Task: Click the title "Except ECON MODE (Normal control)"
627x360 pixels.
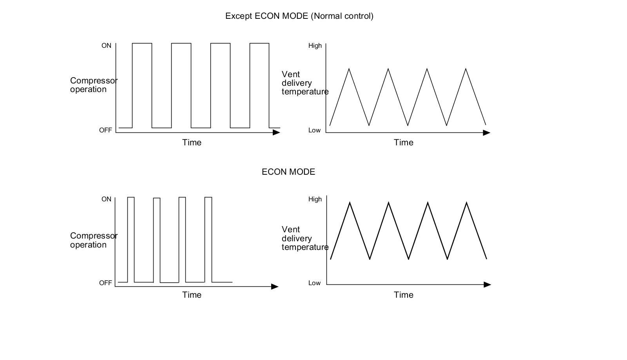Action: (299, 16)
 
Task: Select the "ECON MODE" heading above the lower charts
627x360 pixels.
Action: (288, 172)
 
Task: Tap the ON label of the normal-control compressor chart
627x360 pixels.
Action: (106, 46)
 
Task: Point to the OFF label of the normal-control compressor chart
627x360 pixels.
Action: (105, 130)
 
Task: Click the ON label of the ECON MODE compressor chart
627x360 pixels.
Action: (106, 199)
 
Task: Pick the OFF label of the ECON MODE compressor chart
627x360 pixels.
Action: (105, 283)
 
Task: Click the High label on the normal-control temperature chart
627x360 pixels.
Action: (315, 46)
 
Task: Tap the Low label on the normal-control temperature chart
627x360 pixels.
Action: (314, 130)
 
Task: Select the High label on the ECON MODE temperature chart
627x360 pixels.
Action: (315, 199)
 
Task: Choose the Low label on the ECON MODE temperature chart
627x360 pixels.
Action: (314, 283)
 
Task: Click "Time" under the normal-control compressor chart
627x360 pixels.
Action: (192, 143)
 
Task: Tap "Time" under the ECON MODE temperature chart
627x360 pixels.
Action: (403, 295)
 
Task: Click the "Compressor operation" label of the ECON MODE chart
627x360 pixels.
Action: (93, 240)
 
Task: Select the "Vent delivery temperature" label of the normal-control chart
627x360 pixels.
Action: (304, 83)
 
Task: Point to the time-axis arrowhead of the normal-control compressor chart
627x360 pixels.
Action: (277, 132)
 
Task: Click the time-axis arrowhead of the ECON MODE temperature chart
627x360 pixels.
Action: (487, 284)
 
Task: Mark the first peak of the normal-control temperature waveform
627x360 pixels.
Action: (349, 69)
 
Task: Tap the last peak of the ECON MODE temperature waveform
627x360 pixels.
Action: (466, 203)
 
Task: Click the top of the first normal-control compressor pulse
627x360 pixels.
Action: (142, 43)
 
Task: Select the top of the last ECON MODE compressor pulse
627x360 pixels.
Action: (208, 197)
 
